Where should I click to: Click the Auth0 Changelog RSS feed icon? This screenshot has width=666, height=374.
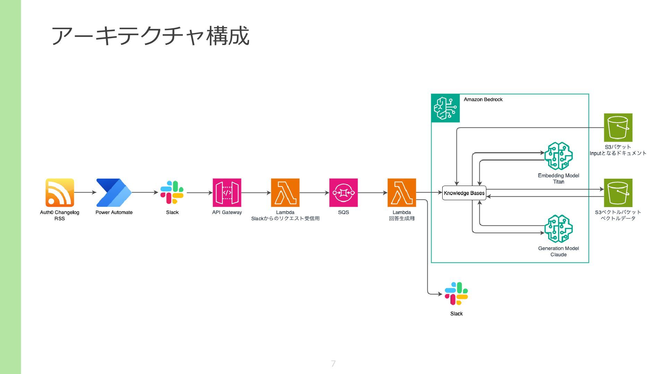pos(60,193)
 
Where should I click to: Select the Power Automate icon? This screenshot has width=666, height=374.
pos(114,193)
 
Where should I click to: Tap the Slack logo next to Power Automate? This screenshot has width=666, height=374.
pos(172,193)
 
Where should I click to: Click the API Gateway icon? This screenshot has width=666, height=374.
pos(227,193)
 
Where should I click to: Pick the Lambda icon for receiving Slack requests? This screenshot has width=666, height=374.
pos(285,193)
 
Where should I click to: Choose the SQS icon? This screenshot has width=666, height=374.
pos(343,193)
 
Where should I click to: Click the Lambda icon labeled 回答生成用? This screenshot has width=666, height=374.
pos(402,193)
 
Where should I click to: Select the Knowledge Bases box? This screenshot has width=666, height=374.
pos(464,193)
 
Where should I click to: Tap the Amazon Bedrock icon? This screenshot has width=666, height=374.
pos(445,108)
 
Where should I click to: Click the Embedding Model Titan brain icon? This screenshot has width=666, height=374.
pos(558,156)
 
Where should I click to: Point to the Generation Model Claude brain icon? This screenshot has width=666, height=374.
pos(558,229)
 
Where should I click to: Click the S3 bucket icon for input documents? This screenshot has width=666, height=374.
pos(618,127)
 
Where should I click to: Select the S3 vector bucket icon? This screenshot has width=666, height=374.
pos(618,193)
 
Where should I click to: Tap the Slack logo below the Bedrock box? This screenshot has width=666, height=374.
pos(456,294)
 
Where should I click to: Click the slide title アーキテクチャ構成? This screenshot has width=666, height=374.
pos(150,36)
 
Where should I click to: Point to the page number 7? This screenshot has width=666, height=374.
pos(333,364)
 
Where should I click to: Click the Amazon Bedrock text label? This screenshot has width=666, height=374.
pos(483,99)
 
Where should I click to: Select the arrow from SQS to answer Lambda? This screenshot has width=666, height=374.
pos(373,193)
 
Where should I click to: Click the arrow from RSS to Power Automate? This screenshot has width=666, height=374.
pos(85,192)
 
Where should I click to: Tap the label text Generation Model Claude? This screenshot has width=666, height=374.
pos(558,251)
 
